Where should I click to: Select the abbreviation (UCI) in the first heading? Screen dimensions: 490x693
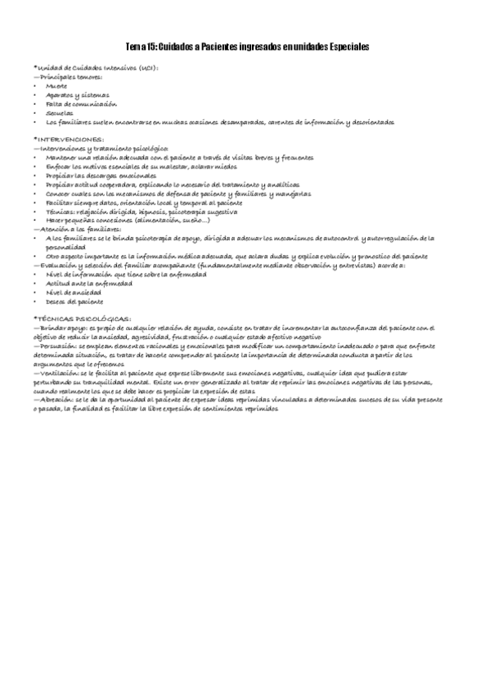point(148,69)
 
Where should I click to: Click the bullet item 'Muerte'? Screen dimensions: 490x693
point(57,85)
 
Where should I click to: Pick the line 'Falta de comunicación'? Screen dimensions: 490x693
point(82,105)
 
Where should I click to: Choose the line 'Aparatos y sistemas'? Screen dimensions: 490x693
point(78,95)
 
